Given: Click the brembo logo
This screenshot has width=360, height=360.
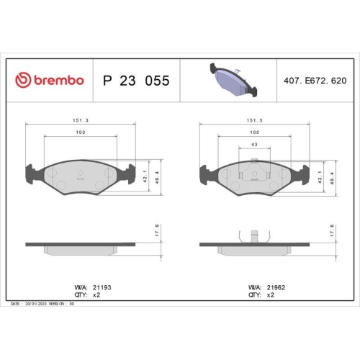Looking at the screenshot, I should [50, 81].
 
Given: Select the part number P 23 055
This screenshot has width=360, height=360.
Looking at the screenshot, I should [137, 81].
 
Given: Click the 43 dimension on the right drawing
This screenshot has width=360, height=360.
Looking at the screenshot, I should [254, 145].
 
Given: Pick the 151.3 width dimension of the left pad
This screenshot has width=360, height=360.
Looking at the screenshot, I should [80, 122].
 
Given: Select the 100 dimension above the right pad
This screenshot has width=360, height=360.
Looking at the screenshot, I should [254, 133].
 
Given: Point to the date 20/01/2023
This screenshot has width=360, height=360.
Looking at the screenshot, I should [37, 304].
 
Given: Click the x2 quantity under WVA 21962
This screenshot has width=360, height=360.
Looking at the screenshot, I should [271, 295].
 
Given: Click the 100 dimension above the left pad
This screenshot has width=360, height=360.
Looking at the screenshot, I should [80, 133].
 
